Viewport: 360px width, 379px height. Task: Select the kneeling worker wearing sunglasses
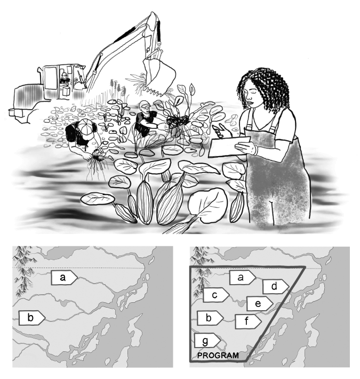point(144,120)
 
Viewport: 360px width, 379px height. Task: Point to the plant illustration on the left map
point(22,272)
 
